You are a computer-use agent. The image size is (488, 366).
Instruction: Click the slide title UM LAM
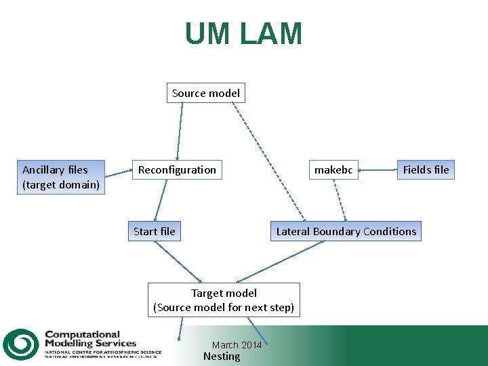tap(243, 34)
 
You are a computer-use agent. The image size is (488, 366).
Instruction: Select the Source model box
tap(206, 93)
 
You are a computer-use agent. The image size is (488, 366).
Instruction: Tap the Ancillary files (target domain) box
tap(61, 177)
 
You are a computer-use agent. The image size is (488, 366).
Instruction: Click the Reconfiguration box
tap(177, 169)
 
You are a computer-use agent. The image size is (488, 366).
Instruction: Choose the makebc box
tap(333, 169)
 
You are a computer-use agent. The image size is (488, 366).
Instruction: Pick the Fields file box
tap(426, 169)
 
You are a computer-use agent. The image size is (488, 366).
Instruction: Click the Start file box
tap(154, 231)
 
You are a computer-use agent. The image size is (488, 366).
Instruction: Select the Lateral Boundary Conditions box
tap(346, 231)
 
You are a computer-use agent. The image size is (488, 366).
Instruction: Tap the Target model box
tap(224, 300)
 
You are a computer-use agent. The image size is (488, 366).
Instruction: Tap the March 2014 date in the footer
tap(237, 345)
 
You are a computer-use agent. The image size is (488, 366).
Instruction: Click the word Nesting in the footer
tap(222, 357)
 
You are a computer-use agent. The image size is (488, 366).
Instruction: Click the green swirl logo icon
tap(20, 344)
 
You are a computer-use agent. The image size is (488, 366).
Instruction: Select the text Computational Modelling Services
tap(90, 339)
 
